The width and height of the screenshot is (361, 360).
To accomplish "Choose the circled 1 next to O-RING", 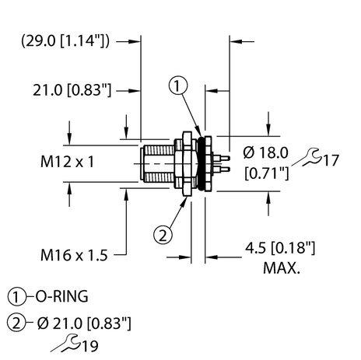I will click(x=16, y=296).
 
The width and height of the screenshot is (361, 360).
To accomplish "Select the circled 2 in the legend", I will click(x=16, y=321).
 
